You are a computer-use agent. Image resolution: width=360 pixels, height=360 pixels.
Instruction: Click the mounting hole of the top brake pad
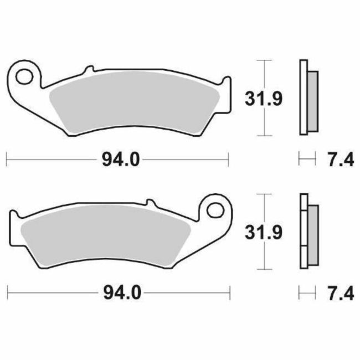click(25, 75)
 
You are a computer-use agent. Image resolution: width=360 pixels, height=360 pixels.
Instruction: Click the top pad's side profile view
click(307, 97)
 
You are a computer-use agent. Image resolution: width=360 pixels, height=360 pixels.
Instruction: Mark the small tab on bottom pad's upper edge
click(147, 203)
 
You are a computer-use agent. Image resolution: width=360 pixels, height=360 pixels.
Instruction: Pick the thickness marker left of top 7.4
click(304, 160)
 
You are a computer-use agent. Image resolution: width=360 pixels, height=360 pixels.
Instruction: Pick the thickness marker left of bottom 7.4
click(304, 291)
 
